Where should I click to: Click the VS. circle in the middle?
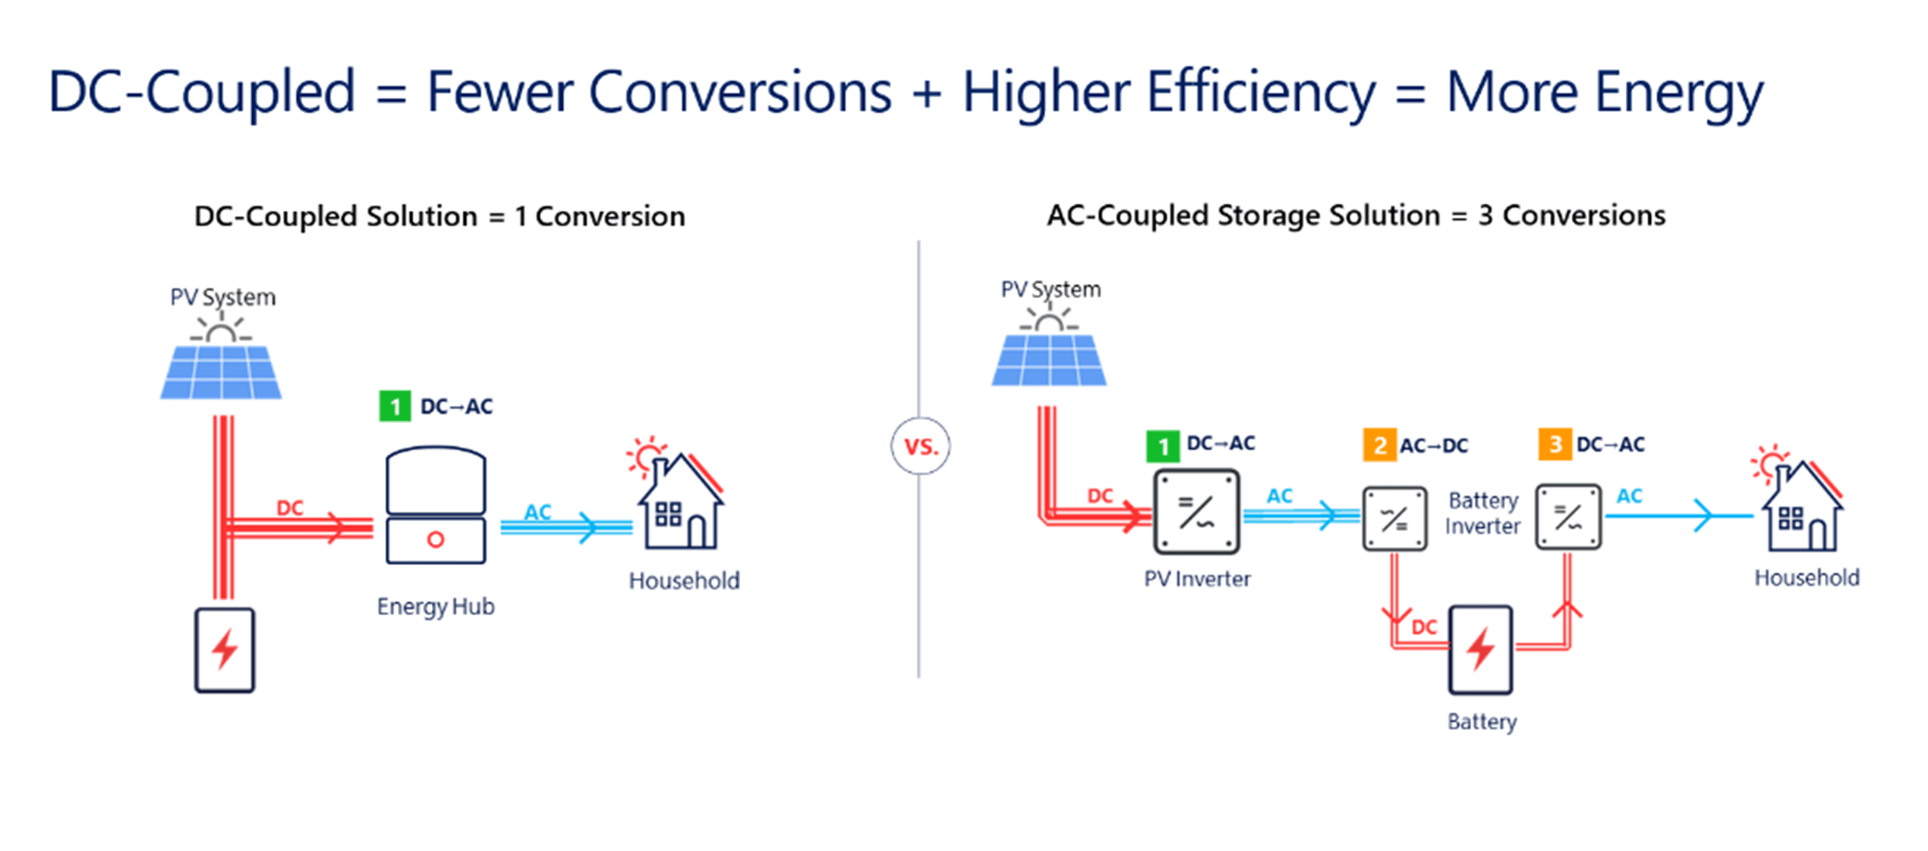click(920, 446)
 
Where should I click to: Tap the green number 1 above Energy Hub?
click(395, 407)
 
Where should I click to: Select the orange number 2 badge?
click(1378, 444)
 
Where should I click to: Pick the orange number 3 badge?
click(1554, 444)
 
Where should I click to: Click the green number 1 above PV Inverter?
click(1162, 446)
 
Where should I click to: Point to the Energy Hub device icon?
click(436, 505)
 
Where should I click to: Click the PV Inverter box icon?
click(1196, 512)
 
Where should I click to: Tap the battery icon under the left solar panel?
click(225, 650)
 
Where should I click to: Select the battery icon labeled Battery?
click(1480, 650)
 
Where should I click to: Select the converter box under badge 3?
click(1567, 517)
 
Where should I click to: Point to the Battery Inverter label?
click(1482, 513)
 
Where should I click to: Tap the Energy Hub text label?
click(436, 607)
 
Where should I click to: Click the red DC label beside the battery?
click(1424, 627)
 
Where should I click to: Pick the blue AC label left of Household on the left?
click(537, 512)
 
